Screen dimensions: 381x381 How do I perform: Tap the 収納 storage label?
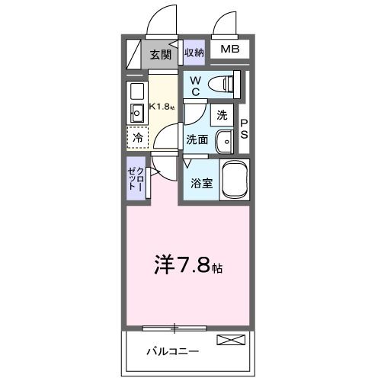(194, 53)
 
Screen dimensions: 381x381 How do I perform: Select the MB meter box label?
(230, 50)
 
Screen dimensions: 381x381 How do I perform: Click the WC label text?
(195, 85)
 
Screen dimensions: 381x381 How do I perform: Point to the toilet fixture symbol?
(226, 83)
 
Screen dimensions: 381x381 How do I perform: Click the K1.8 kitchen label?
(162, 107)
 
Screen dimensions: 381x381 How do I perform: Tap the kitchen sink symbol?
(138, 114)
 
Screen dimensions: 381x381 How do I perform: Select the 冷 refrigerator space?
(138, 139)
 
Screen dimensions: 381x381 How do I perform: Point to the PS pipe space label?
(244, 129)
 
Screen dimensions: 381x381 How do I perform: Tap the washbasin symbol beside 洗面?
(226, 141)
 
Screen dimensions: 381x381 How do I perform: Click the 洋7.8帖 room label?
(189, 268)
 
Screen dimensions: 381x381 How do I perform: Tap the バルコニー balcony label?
(173, 352)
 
